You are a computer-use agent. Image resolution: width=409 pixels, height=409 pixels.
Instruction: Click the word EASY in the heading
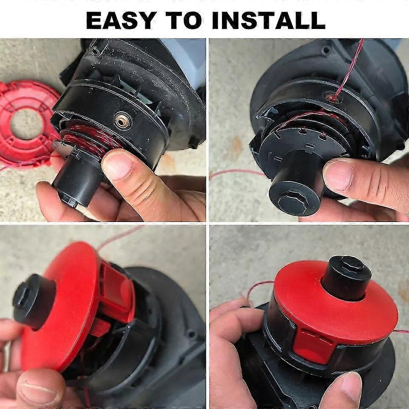click(121, 20)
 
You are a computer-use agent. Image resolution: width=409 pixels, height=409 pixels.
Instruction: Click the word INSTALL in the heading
click(269, 20)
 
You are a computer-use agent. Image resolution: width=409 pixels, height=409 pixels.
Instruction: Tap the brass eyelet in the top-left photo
click(122, 120)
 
